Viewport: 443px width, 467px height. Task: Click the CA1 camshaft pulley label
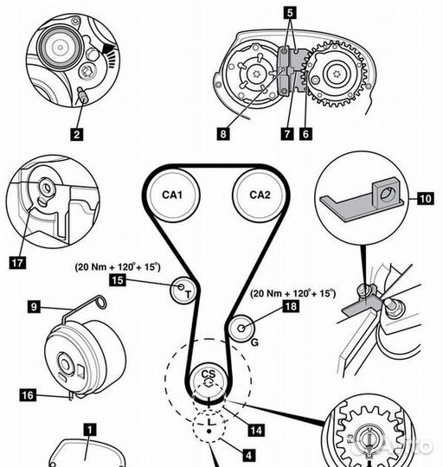click(x=172, y=195)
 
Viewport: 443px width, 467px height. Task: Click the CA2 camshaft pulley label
click(x=260, y=195)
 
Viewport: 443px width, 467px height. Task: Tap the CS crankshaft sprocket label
click(x=209, y=374)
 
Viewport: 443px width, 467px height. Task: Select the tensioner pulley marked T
click(x=183, y=290)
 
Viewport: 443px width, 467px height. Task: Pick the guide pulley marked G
click(x=242, y=328)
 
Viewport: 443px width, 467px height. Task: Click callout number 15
click(x=118, y=280)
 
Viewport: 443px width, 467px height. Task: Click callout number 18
click(x=291, y=306)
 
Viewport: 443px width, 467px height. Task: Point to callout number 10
click(x=426, y=198)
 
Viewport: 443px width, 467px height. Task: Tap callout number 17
click(x=17, y=263)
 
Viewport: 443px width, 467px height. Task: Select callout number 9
click(x=34, y=306)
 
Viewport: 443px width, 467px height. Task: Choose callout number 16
click(x=28, y=395)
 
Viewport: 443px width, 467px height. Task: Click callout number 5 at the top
click(x=290, y=13)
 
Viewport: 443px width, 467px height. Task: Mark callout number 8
click(x=223, y=134)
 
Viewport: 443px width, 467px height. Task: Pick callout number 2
click(x=77, y=134)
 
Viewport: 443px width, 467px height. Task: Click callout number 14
click(x=256, y=430)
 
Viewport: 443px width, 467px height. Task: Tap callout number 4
click(x=248, y=455)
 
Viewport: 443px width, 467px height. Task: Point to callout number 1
click(x=90, y=430)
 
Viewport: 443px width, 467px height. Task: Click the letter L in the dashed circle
click(x=210, y=422)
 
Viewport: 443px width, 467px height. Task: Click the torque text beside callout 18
click(x=292, y=293)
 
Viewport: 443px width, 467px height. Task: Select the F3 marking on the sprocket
click(x=350, y=438)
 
